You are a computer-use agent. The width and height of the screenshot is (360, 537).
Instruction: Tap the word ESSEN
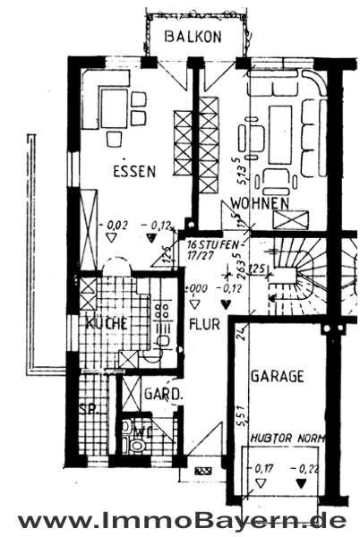click(x=134, y=170)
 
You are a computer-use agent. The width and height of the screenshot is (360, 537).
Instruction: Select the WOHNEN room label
click(x=260, y=204)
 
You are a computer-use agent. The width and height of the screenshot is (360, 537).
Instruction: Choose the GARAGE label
click(x=279, y=377)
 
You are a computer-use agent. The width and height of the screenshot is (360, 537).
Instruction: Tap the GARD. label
click(x=164, y=394)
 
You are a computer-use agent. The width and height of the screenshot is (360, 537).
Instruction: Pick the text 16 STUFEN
click(x=213, y=243)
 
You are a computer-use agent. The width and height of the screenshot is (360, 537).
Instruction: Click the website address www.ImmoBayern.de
click(x=180, y=519)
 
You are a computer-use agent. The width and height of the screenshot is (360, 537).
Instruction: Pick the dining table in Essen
click(x=114, y=108)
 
